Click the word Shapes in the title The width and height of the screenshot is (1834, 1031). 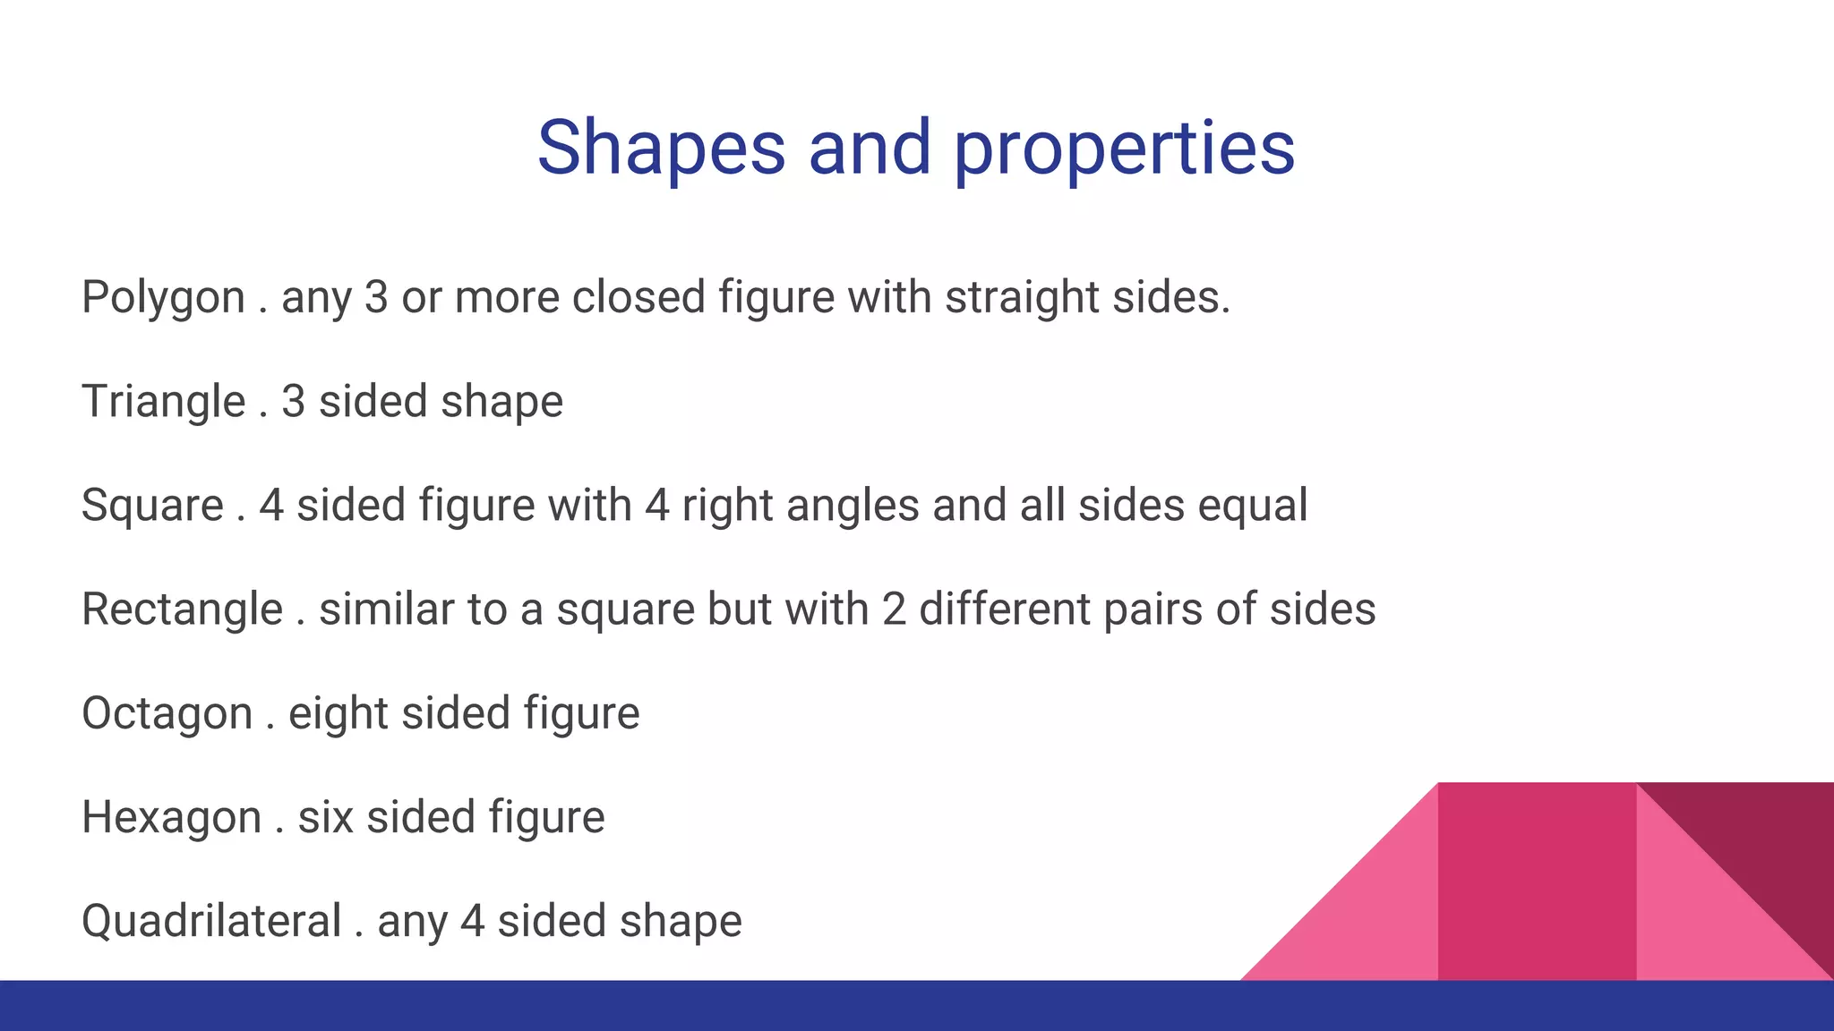click(661, 149)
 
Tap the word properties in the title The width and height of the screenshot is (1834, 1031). click(1124, 149)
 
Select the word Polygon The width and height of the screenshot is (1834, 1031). click(163, 298)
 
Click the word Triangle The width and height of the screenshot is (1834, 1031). click(163, 402)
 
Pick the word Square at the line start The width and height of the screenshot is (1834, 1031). click(152, 506)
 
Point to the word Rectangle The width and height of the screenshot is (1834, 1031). click(182, 609)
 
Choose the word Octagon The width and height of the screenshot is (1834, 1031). click(167, 713)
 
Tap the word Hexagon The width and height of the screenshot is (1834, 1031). click(171, 817)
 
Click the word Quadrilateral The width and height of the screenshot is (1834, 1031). click(211, 921)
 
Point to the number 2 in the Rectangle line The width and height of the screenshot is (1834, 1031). click(894, 609)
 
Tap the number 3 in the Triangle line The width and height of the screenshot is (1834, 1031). click(294, 402)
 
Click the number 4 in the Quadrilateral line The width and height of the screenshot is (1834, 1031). click(473, 921)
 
